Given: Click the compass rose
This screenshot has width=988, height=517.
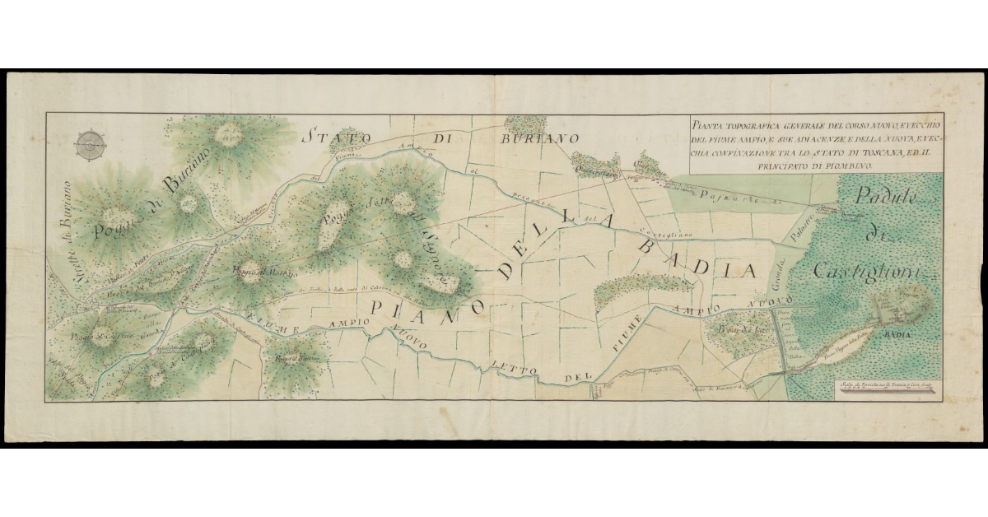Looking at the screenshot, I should click(90, 146).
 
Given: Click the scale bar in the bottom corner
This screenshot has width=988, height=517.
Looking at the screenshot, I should click(885, 394).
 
